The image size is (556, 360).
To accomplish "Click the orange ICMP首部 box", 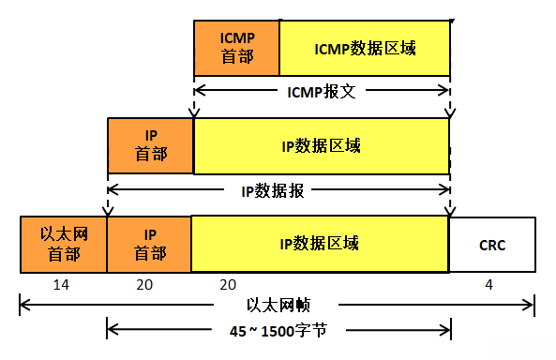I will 236,47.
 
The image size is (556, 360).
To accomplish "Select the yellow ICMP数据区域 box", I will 364,47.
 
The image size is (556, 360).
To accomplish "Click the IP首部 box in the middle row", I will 150,145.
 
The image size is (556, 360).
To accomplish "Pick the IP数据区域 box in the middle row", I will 321,145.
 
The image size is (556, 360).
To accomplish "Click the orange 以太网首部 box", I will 64,244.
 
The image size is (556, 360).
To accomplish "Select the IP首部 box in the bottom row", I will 149,244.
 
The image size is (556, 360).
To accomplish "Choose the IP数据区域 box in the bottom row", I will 319,244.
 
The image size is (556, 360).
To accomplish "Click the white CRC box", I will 492,244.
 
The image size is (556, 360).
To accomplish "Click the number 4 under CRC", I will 488,283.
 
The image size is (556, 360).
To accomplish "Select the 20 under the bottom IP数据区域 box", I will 228,283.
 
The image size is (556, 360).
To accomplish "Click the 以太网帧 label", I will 280,305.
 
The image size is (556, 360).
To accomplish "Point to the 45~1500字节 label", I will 278,330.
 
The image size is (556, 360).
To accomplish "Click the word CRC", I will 492,245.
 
